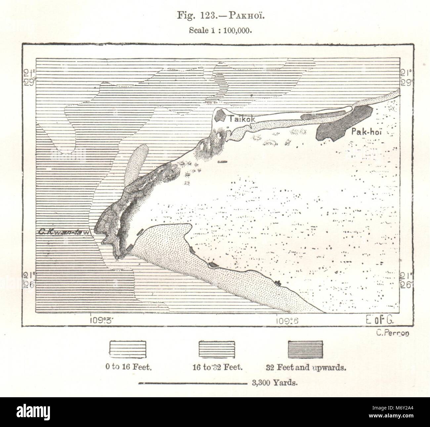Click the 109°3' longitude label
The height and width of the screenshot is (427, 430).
pos(102,320)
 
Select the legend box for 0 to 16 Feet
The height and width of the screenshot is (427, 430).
pos(128,350)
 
